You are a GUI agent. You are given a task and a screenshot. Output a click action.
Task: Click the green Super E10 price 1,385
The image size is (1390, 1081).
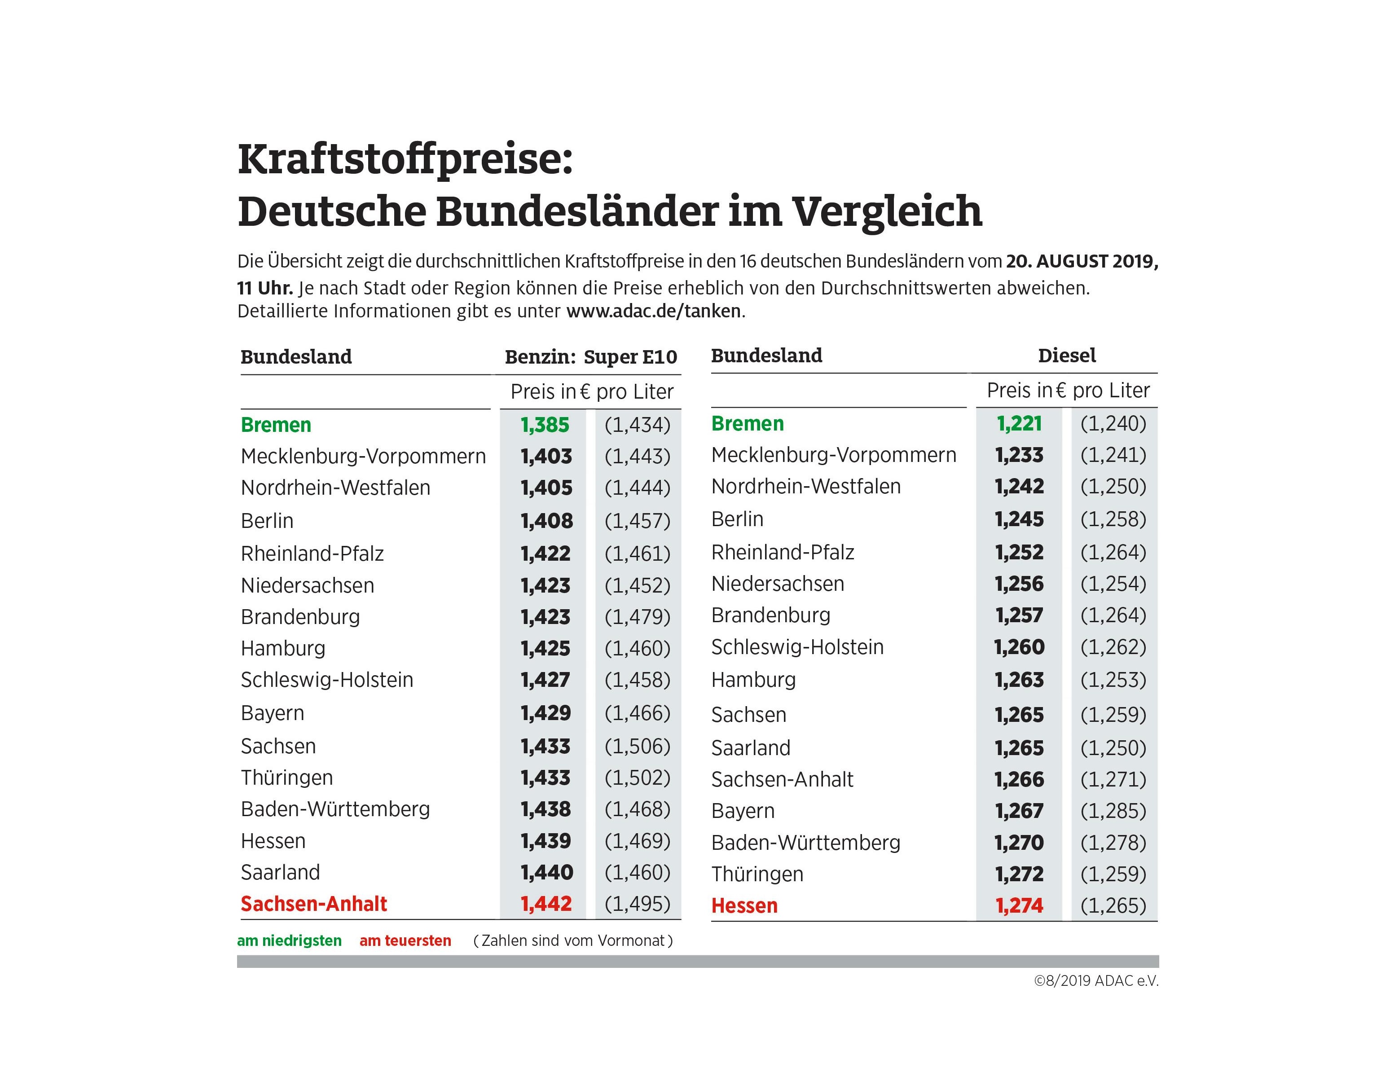(x=545, y=425)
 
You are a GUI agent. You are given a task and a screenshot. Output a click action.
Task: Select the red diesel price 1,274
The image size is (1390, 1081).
(x=1019, y=905)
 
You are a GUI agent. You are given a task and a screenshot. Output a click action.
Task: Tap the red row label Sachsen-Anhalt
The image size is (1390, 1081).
(x=314, y=904)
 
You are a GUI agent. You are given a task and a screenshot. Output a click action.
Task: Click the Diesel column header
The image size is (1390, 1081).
(x=1067, y=356)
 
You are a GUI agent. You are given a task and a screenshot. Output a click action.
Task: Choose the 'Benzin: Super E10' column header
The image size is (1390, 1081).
(x=591, y=357)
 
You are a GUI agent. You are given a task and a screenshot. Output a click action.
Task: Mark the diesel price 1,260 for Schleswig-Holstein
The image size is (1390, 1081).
(x=1019, y=647)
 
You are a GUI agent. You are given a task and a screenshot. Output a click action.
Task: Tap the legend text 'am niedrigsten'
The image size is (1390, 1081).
(x=289, y=941)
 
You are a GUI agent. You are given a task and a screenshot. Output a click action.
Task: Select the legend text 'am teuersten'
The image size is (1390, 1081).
(x=405, y=941)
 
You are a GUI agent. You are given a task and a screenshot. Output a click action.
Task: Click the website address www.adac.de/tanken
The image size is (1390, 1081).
(x=654, y=311)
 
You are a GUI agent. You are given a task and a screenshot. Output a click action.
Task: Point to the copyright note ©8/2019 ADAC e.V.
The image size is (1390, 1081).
(x=1096, y=981)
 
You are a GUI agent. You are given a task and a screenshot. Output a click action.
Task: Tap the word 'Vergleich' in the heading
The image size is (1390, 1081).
(x=887, y=211)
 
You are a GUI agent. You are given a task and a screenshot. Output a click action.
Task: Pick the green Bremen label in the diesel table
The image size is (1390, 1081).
(x=747, y=424)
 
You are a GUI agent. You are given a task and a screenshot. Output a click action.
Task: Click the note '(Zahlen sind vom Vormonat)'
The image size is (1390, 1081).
(x=573, y=941)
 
